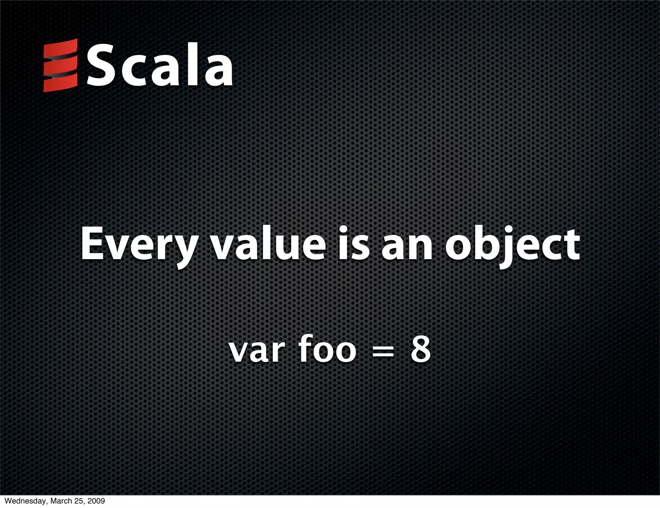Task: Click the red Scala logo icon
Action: coord(61,65)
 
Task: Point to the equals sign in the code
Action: coord(383,352)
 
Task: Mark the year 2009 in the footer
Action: coord(95,501)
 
